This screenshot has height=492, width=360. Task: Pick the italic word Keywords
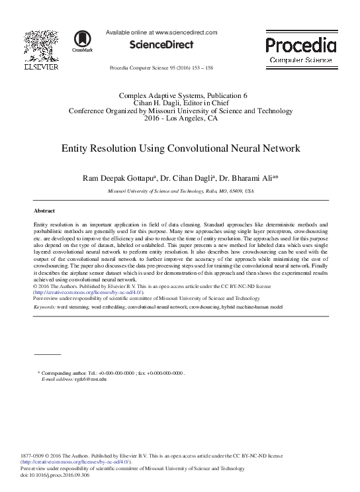click(44, 308)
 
